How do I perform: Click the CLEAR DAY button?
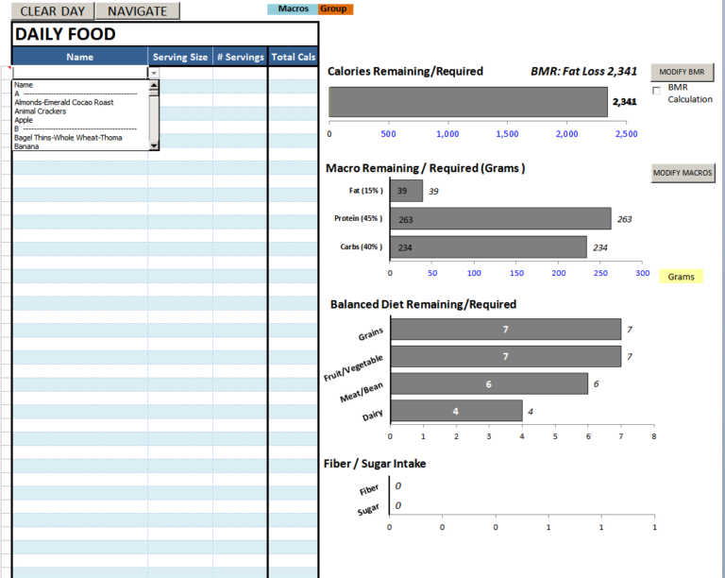click(x=51, y=11)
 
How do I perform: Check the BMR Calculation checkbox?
click(x=657, y=89)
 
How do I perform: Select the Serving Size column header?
click(x=180, y=57)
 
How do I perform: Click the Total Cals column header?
click(x=294, y=57)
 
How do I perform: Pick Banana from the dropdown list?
click(x=26, y=146)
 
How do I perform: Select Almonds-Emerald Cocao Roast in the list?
click(x=64, y=102)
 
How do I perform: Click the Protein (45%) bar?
click(x=500, y=219)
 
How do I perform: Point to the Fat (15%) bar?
click(x=406, y=191)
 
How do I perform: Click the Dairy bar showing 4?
click(x=456, y=411)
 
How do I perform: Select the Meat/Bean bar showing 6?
click(x=488, y=383)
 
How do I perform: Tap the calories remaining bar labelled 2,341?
click(x=467, y=102)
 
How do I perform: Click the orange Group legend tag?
click(x=333, y=9)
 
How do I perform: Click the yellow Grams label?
click(x=681, y=277)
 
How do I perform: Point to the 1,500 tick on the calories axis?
click(x=507, y=134)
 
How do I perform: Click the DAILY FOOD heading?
click(x=66, y=34)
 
